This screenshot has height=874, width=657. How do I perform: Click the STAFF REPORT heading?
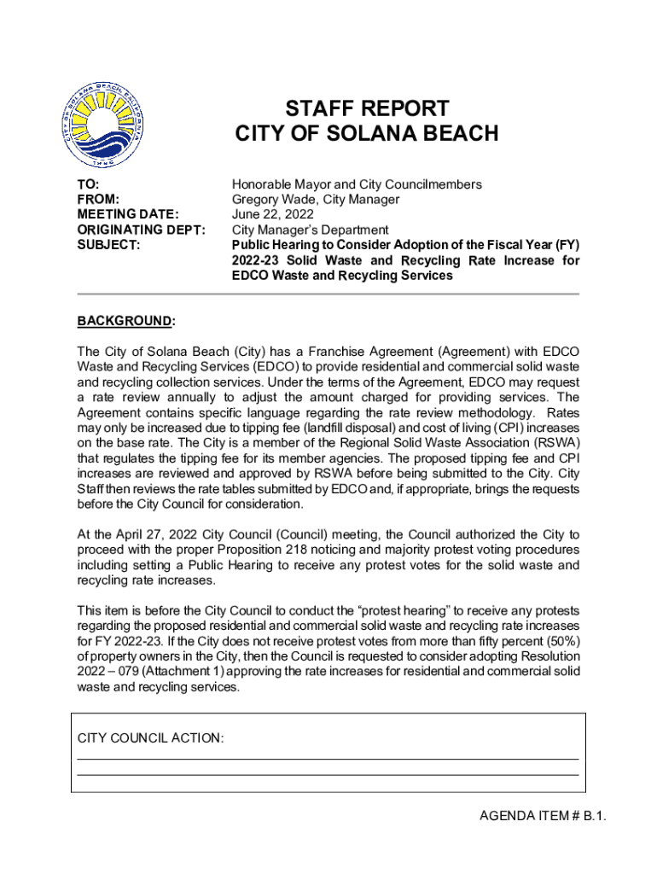[366, 108]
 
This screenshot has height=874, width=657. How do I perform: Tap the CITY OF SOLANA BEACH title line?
[366, 134]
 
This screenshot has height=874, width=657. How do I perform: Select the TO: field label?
[89, 184]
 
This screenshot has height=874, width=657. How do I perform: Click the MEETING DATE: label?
[128, 215]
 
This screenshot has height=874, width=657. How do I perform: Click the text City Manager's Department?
[311, 230]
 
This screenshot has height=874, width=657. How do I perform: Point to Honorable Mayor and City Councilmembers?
[357, 184]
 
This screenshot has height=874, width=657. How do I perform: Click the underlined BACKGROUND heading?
[125, 321]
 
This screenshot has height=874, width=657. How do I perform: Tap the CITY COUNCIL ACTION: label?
[151, 737]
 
